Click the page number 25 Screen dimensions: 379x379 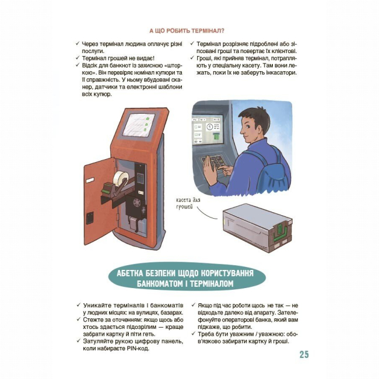304,355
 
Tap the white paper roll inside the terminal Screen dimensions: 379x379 120,179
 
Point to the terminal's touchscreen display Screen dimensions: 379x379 139,125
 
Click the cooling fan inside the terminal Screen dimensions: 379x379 137,202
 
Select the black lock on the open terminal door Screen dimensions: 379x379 90,218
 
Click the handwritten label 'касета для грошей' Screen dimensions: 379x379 188,203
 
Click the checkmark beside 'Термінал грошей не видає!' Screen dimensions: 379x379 78,58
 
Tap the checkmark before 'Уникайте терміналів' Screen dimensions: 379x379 79,305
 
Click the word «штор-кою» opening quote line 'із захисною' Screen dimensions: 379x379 173,65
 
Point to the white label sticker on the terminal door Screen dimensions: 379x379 90,180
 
